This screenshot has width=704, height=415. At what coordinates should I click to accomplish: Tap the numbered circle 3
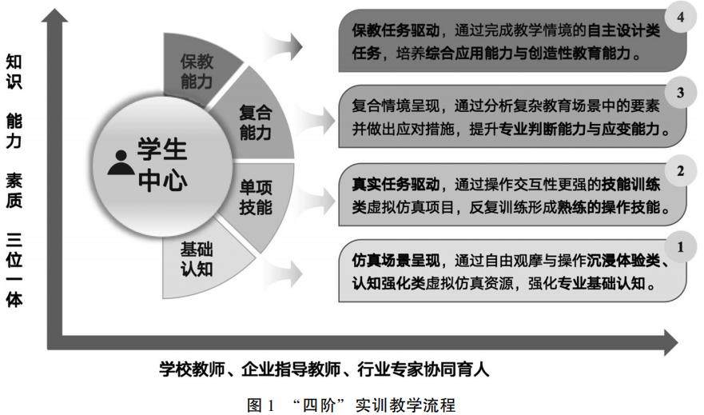coord(680,94)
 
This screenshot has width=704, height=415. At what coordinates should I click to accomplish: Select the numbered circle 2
coord(680,170)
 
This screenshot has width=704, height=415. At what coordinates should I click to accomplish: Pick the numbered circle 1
coord(680,246)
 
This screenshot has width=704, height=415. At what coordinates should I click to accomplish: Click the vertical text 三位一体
coord(14,270)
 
